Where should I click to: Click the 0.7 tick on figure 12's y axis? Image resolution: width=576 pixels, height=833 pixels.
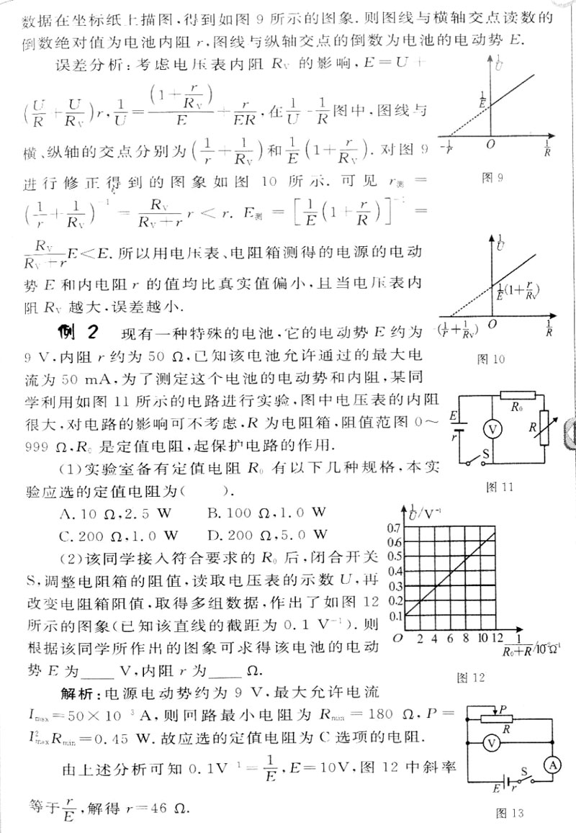[395, 527]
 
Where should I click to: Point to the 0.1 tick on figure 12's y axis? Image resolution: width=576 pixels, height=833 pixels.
[395, 616]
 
